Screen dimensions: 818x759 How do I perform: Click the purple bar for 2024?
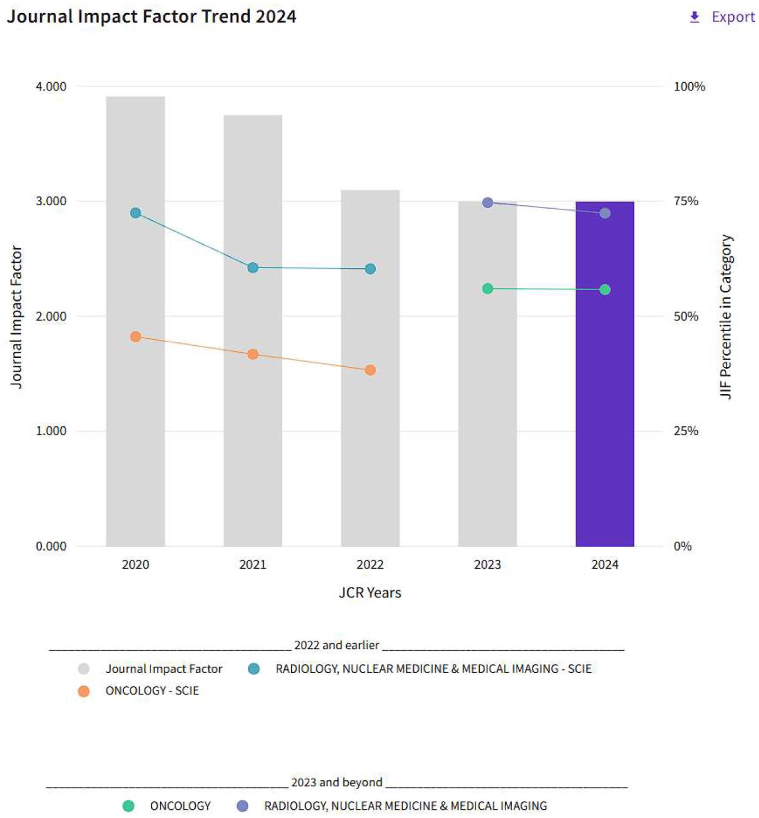click(604, 386)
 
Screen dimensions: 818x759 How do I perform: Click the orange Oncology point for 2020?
click(135, 336)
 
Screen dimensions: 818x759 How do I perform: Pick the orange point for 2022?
click(370, 370)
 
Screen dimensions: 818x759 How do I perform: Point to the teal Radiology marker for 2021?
click(253, 267)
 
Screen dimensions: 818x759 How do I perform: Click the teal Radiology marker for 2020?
click(135, 213)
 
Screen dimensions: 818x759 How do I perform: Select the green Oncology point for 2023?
click(487, 288)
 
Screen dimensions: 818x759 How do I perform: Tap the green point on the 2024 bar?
click(604, 290)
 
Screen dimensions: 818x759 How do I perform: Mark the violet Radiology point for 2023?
click(487, 202)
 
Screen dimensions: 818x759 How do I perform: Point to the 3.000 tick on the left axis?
click(51, 201)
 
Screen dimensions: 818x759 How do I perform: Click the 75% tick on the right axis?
click(685, 201)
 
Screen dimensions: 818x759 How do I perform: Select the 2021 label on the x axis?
click(253, 564)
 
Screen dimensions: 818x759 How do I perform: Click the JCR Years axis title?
click(370, 593)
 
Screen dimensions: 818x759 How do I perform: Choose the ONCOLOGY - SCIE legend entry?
click(152, 690)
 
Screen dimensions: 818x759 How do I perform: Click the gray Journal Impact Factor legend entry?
click(163, 668)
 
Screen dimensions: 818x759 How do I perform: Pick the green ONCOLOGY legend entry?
click(180, 806)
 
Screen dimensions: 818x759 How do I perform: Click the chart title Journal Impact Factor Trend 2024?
click(151, 16)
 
